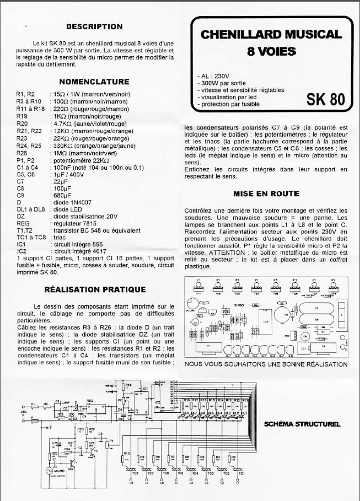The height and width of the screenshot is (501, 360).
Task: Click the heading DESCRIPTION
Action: [x=94, y=26]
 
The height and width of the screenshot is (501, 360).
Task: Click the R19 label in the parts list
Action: [x=23, y=116]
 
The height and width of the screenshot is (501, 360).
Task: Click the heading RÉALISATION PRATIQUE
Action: [x=95, y=289]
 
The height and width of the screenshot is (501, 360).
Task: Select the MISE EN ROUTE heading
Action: [x=266, y=194]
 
